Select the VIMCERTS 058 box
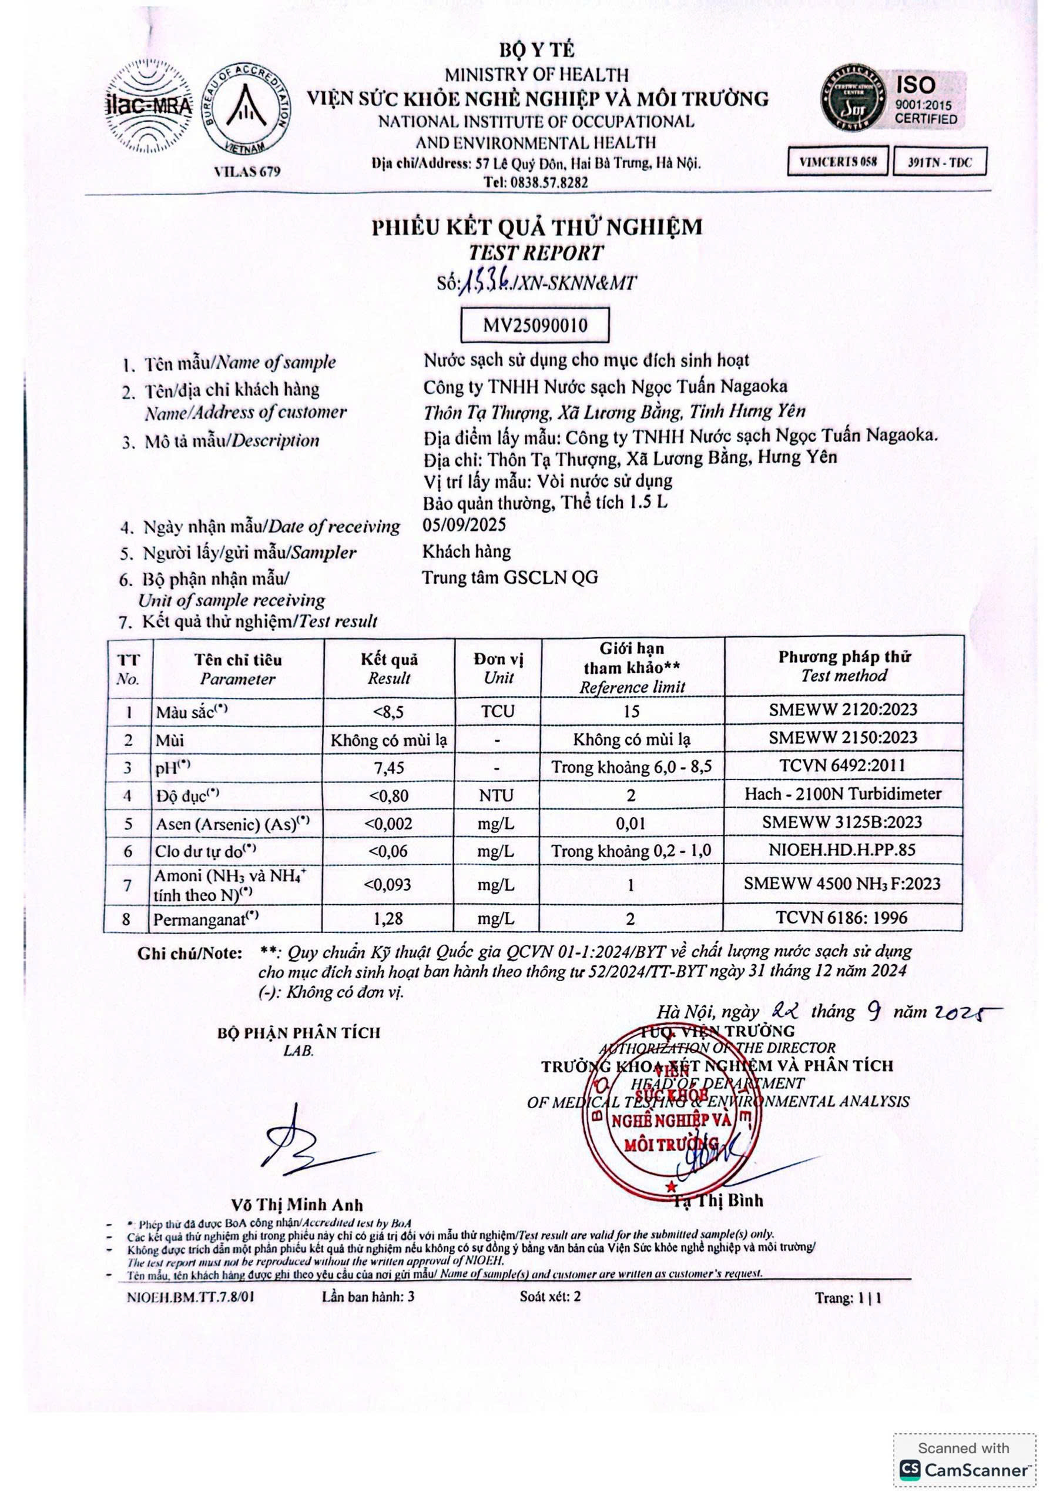(837, 162)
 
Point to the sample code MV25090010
(535, 325)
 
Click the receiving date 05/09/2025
(464, 525)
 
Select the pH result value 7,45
(388, 767)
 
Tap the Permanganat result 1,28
(388, 918)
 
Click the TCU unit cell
(498, 711)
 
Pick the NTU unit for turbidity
(496, 795)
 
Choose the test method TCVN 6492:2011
(842, 765)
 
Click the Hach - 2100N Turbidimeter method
(842, 794)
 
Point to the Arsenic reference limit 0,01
(631, 823)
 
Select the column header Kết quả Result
(388, 668)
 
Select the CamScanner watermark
(964, 1469)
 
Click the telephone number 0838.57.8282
(535, 182)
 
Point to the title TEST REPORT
(535, 253)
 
